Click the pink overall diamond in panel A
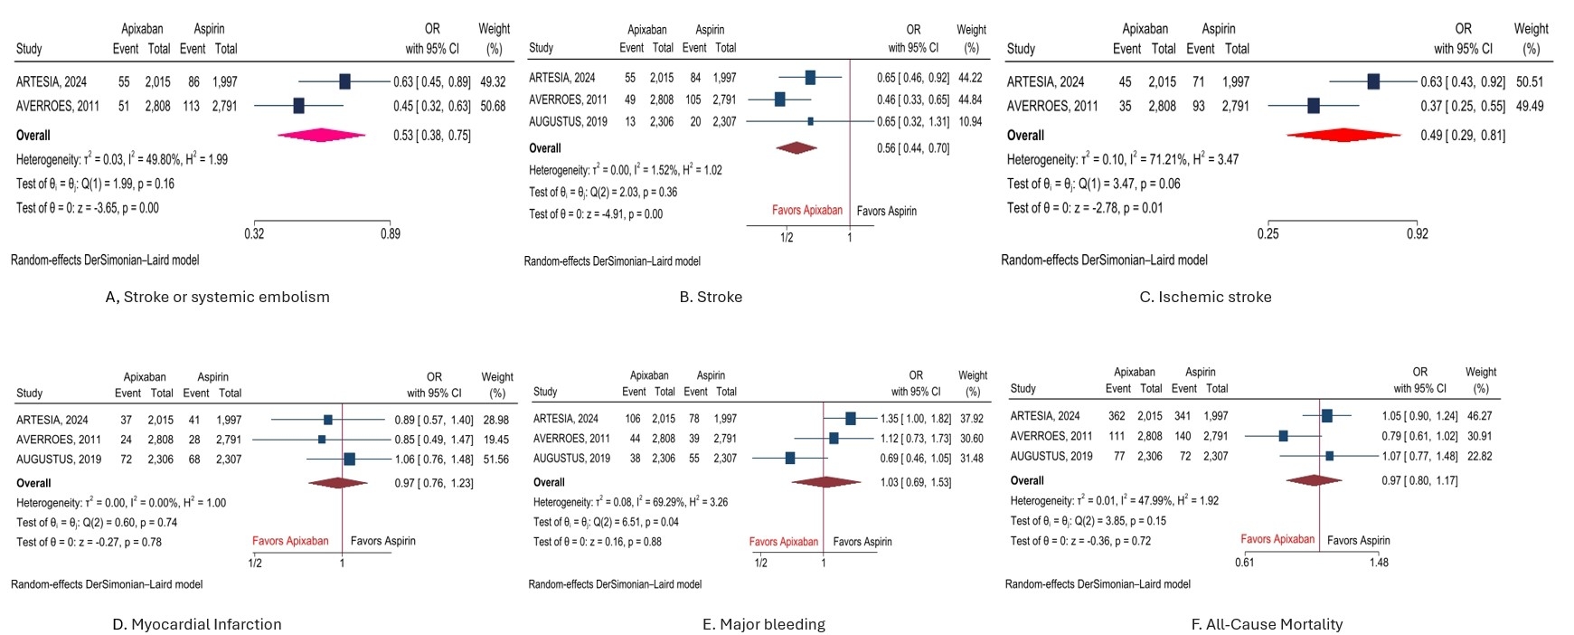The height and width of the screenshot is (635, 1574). pos(322,136)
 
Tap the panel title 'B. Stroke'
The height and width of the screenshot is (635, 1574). pos(711,297)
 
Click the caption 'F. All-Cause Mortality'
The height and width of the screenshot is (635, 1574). pos(1267,624)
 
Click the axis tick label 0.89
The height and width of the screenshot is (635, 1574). pos(391,233)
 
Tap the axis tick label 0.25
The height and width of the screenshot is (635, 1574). pos(1268,233)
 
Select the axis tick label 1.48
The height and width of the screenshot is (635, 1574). pos(1378,562)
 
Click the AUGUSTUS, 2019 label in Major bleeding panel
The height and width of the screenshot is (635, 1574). pos(571,459)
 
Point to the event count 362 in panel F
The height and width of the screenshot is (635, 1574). pos(1117,416)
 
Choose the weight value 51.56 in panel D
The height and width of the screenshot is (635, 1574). pos(496,460)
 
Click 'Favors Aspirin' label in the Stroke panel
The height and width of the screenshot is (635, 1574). pos(886,211)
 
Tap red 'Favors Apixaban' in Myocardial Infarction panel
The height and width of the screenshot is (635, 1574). pos(290,541)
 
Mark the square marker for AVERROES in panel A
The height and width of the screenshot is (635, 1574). pos(299,106)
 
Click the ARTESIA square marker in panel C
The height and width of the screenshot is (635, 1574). pos(1373,81)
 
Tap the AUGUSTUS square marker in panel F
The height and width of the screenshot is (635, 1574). pos(1329,456)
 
